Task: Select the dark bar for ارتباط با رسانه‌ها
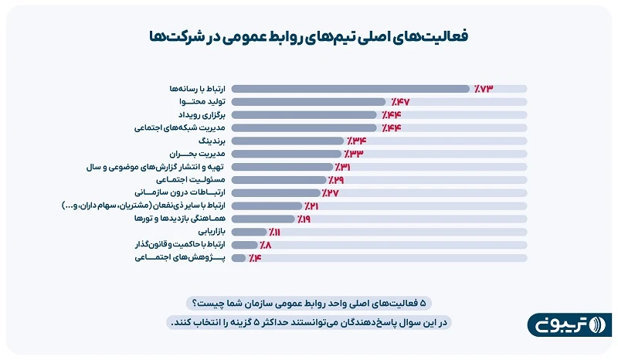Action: (x=350, y=89)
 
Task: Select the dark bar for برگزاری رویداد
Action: (x=304, y=115)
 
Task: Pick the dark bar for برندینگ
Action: (x=287, y=141)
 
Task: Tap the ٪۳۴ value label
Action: (x=355, y=141)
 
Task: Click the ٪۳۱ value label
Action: (x=344, y=167)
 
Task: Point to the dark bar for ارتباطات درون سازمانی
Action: (x=276, y=193)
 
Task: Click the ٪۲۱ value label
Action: (x=311, y=206)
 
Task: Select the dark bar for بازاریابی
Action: (x=249, y=232)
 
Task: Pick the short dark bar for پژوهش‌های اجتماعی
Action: (x=239, y=258)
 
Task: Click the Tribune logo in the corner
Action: (x=569, y=324)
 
